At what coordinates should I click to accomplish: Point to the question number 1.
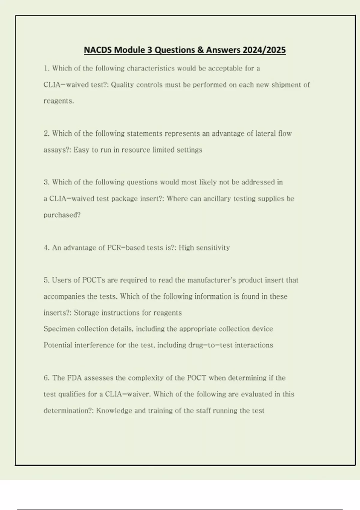point(46,68)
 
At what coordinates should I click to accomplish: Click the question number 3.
point(46,182)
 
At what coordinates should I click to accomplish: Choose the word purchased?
point(62,215)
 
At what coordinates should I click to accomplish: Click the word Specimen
point(59,329)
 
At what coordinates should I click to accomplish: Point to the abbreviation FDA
point(74,378)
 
